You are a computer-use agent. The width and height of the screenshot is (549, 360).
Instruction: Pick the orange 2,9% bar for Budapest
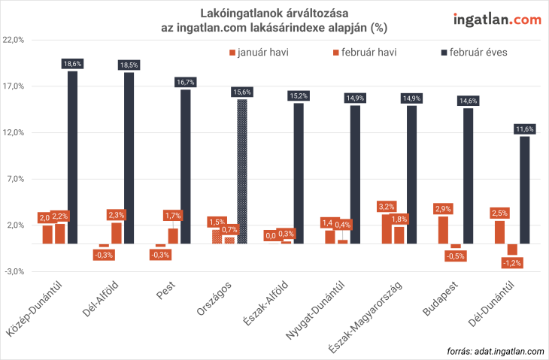[x=444, y=229]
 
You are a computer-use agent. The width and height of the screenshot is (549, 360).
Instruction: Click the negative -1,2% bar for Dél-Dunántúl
[x=512, y=250]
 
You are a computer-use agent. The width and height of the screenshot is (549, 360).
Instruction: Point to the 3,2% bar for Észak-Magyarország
[x=387, y=228]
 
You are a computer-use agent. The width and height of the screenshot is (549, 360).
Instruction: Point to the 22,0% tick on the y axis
[x=15, y=40]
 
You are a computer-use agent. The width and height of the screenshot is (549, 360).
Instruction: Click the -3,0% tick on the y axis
[x=15, y=271]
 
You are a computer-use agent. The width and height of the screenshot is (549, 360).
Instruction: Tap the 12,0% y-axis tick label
[x=15, y=132]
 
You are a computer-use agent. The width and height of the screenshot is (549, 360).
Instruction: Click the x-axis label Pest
[x=165, y=290]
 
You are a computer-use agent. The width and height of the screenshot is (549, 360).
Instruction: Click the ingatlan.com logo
[x=496, y=19]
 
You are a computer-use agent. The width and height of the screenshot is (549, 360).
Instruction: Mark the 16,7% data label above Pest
[x=185, y=81]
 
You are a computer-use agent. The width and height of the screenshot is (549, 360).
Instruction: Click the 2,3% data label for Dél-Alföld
[x=117, y=214]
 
